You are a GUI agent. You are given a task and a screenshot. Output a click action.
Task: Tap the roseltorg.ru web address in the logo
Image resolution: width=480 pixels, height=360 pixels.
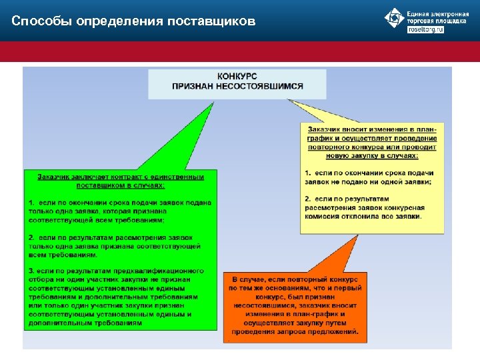(425, 31)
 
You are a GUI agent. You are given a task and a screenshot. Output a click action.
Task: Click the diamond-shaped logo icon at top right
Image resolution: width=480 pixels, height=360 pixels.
(395, 18)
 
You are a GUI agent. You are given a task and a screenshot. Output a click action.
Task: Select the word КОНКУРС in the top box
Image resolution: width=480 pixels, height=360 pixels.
(237, 77)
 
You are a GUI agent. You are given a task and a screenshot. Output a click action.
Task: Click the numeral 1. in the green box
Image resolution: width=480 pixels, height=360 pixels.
(31, 202)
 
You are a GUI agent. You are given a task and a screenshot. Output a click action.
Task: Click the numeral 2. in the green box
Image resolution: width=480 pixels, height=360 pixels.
(31, 237)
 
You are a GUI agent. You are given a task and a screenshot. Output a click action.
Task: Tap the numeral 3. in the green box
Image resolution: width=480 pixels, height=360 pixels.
(31, 271)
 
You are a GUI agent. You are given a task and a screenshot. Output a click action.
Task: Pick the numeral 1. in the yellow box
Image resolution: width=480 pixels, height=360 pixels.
(307, 173)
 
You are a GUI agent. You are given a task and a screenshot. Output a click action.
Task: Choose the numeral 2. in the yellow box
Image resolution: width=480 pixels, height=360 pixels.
(307, 199)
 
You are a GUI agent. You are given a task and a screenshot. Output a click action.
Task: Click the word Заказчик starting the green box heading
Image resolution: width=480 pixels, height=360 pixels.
(56, 177)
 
